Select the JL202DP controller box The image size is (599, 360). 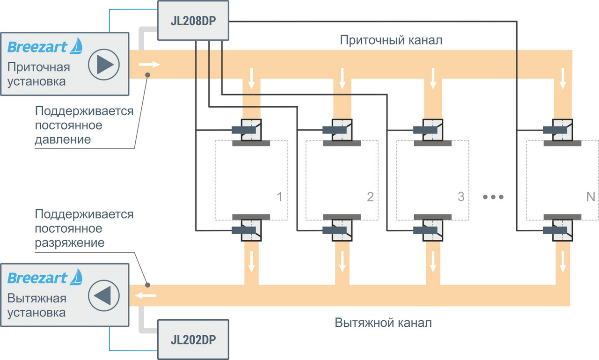(193, 338)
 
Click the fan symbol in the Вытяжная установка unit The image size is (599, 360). (104, 295)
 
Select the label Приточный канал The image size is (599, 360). (391, 40)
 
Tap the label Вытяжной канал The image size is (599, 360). (383, 323)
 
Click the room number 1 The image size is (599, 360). (279, 197)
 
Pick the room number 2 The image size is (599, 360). (370, 197)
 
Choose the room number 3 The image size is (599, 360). (461, 197)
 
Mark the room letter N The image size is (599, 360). (590, 197)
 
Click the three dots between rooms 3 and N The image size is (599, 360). (493, 197)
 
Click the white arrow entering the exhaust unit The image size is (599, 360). (146, 295)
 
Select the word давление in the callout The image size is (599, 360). (63, 140)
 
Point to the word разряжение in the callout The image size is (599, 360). (70, 243)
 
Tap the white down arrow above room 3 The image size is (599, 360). (433, 78)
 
